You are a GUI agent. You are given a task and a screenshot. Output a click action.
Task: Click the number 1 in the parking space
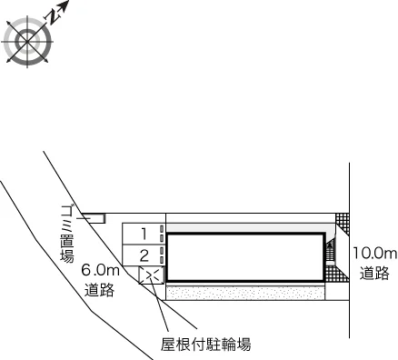pos(144,234)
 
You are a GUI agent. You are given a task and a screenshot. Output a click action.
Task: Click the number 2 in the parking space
pos(144,255)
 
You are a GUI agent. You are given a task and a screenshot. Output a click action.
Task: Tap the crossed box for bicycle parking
pos(152,275)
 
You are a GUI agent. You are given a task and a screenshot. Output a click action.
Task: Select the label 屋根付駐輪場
pos(206,345)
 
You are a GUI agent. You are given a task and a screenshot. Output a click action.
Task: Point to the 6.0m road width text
pos(101,270)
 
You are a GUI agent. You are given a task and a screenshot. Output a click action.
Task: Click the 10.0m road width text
pos(374,254)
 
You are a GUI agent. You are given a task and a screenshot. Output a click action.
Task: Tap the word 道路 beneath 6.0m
pos(99,290)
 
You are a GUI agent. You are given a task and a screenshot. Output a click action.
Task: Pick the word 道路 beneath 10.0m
pos(374,273)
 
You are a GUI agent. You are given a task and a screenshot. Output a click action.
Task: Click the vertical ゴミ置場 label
pos(67,234)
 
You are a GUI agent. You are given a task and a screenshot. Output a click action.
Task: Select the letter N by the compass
pos(53,17)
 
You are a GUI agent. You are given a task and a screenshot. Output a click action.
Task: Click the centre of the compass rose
pos(27,41)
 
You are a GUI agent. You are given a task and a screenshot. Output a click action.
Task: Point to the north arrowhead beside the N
pos(65,5)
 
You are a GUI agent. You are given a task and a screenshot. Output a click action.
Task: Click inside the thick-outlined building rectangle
pos(245,257)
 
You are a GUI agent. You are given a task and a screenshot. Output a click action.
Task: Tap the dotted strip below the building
pos(245,293)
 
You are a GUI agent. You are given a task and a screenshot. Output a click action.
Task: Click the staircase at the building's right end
pos(331,251)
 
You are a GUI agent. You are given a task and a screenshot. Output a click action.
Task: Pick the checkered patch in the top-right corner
pos(343,224)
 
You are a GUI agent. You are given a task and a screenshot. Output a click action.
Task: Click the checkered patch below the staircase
pos(335,274)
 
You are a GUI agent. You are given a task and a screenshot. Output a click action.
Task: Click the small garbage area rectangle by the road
pos(96,218)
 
